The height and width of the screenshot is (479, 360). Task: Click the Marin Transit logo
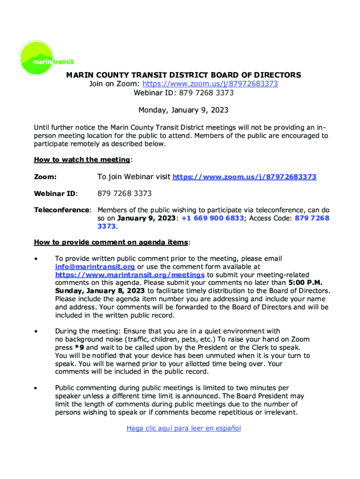(x=46, y=58)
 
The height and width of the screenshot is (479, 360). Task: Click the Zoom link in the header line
(x=210, y=84)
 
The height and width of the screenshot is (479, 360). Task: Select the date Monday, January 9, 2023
(x=183, y=110)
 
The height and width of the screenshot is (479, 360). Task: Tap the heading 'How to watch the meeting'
(x=82, y=160)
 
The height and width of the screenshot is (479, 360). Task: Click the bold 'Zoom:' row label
(x=45, y=177)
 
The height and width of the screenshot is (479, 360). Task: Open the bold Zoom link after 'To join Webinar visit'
(x=245, y=177)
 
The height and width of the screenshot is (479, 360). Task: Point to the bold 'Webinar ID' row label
(x=55, y=194)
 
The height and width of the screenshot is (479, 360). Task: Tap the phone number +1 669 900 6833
(x=213, y=218)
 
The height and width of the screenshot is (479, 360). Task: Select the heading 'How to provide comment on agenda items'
(x=111, y=242)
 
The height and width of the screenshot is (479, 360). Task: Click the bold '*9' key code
(x=80, y=348)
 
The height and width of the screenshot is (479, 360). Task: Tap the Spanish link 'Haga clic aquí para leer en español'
(x=183, y=428)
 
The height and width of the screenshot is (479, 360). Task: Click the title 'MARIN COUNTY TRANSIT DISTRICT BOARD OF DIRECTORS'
(x=183, y=75)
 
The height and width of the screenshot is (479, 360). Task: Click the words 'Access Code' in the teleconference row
(x=273, y=218)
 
